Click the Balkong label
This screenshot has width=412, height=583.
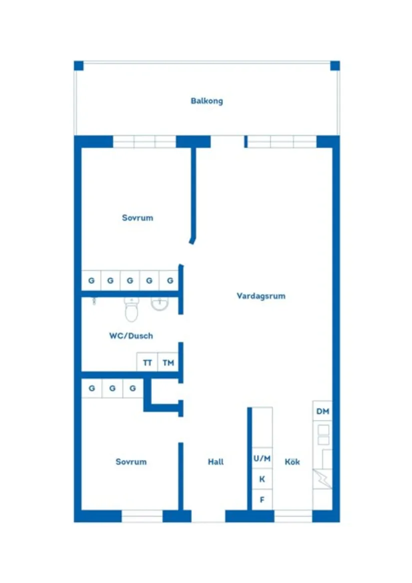click(x=207, y=101)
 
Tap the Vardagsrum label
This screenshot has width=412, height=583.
click(x=261, y=296)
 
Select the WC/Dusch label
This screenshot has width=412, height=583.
click(x=131, y=336)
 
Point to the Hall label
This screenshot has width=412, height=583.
click(x=216, y=462)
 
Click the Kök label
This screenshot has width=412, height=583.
click(x=292, y=462)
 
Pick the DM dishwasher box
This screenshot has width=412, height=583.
click(x=323, y=411)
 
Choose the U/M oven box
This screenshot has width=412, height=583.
click(x=262, y=458)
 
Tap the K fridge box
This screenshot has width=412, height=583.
click(x=262, y=479)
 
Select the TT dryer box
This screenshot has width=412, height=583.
click(x=147, y=362)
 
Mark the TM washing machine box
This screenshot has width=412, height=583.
click(x=168, y=362)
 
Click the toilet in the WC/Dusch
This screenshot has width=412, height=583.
click(x=131, y=309)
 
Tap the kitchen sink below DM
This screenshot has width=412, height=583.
click(x=324, y=435)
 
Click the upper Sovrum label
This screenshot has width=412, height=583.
click(x=137, y=218)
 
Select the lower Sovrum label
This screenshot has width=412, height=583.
click(x=131, y=462)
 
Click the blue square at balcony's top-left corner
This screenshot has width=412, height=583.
click(x=79, y=65)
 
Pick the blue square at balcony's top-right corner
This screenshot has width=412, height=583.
click(x=335, y=65)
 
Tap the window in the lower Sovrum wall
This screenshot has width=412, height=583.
click(x=142, y=516)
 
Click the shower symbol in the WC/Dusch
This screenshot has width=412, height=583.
click(x=94, y=301)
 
